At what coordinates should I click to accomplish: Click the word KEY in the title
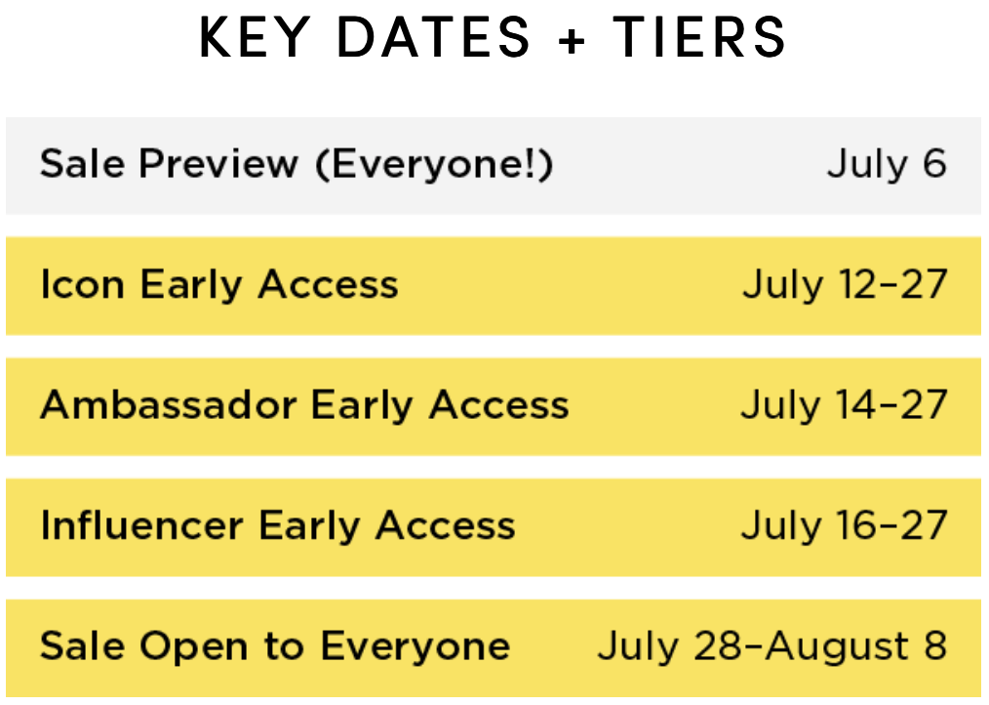(255, 37)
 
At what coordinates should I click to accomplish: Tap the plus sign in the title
(572, 40)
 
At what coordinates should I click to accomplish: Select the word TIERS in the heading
(699, 37)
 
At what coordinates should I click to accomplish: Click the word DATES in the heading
(434, 37)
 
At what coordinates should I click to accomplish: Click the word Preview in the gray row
(218, 164)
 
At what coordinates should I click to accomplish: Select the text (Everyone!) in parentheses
(435, 165)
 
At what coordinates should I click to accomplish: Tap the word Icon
(82, 284)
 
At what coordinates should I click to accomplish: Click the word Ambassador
(168, 405)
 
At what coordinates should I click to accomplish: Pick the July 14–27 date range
(844, 406)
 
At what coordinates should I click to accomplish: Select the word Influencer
(142, 525)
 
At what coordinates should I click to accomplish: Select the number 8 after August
(936, 646)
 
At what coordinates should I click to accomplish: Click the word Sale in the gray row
(82, 164)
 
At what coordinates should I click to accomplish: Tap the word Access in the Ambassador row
(498, 405)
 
